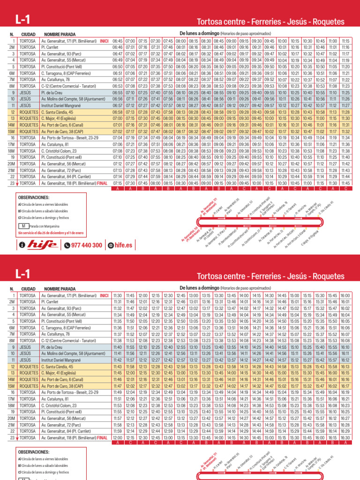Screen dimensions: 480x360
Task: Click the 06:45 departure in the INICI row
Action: (x=117, y=41)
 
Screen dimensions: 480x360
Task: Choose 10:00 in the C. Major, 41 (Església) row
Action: (x=282, y=119)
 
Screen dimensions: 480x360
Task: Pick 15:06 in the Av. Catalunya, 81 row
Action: (x=282, y=386)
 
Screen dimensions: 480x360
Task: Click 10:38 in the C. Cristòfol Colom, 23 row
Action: (x=307, y=151)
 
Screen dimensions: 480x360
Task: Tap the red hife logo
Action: (x=43, y=245)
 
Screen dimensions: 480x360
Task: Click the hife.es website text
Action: (x=121, y=245)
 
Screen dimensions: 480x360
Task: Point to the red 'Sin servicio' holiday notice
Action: (x=51, y=232)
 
